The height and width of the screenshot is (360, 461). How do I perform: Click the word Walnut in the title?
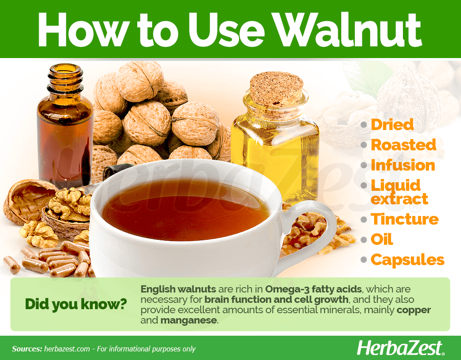pyautogui.click(x=346, y=30)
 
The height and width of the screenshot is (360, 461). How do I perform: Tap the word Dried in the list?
pyautogui.click(x=392, y=125)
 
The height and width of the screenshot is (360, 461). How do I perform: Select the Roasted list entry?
pyautogui.click(x=404, y=145)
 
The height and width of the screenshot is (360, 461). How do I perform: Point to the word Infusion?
pyautogui.click(x=403, y=165)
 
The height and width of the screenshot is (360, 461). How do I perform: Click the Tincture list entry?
pyautogui.click(x=405, y=219)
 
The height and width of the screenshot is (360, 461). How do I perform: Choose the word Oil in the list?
pyautogui.click(x=382, y=239)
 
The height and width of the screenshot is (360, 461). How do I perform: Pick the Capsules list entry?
pyautogui.click(x=407, y=260)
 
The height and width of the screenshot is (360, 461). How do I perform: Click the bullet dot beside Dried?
pyautogui.click(x=364, y=125)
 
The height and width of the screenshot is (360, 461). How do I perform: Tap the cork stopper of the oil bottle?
pyautogui.click(x=276, y=89)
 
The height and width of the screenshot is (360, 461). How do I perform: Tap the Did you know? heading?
pyautogui.click(x=76, y=304)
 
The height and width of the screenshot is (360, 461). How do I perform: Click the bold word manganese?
pyautogui.click(x=189, y=320)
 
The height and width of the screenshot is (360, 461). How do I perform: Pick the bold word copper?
pyautogui.click(x=414, y=310)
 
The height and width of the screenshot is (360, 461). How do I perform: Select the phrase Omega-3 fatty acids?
pyautogui.click(x=313, y=289)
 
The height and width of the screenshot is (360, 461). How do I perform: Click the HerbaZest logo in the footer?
pyautogui.click(x=400, y=348)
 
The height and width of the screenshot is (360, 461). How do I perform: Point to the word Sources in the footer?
pyautogui.click(x=27, y=349)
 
